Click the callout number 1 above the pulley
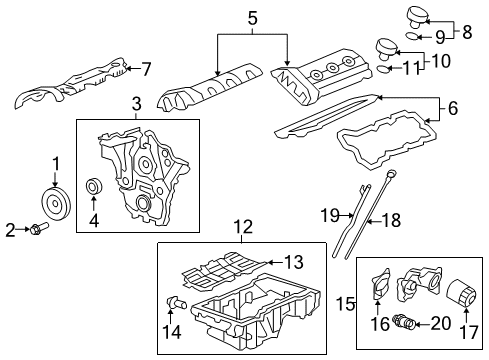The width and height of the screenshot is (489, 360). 56,162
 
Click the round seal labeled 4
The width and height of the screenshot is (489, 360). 96,187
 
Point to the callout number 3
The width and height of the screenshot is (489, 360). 137,103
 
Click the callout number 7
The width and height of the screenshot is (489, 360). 146,69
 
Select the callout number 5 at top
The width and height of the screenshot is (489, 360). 253,17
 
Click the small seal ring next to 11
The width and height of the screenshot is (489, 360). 383,70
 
